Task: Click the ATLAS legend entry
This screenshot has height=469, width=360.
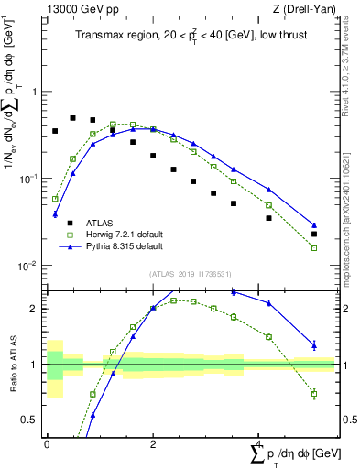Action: [x=100, y=223]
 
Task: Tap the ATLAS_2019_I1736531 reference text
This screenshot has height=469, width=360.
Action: [x=191, y=274]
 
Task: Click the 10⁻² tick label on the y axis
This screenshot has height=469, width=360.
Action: [x=31, y=266]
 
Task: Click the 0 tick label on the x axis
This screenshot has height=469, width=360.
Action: [x=47, y=443]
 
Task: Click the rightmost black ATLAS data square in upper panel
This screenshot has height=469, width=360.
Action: [x=314, y=234]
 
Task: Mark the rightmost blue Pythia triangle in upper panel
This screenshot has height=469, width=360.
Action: [x=314, y=224]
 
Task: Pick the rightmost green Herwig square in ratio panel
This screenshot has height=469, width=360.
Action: [x=314, y=394]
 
